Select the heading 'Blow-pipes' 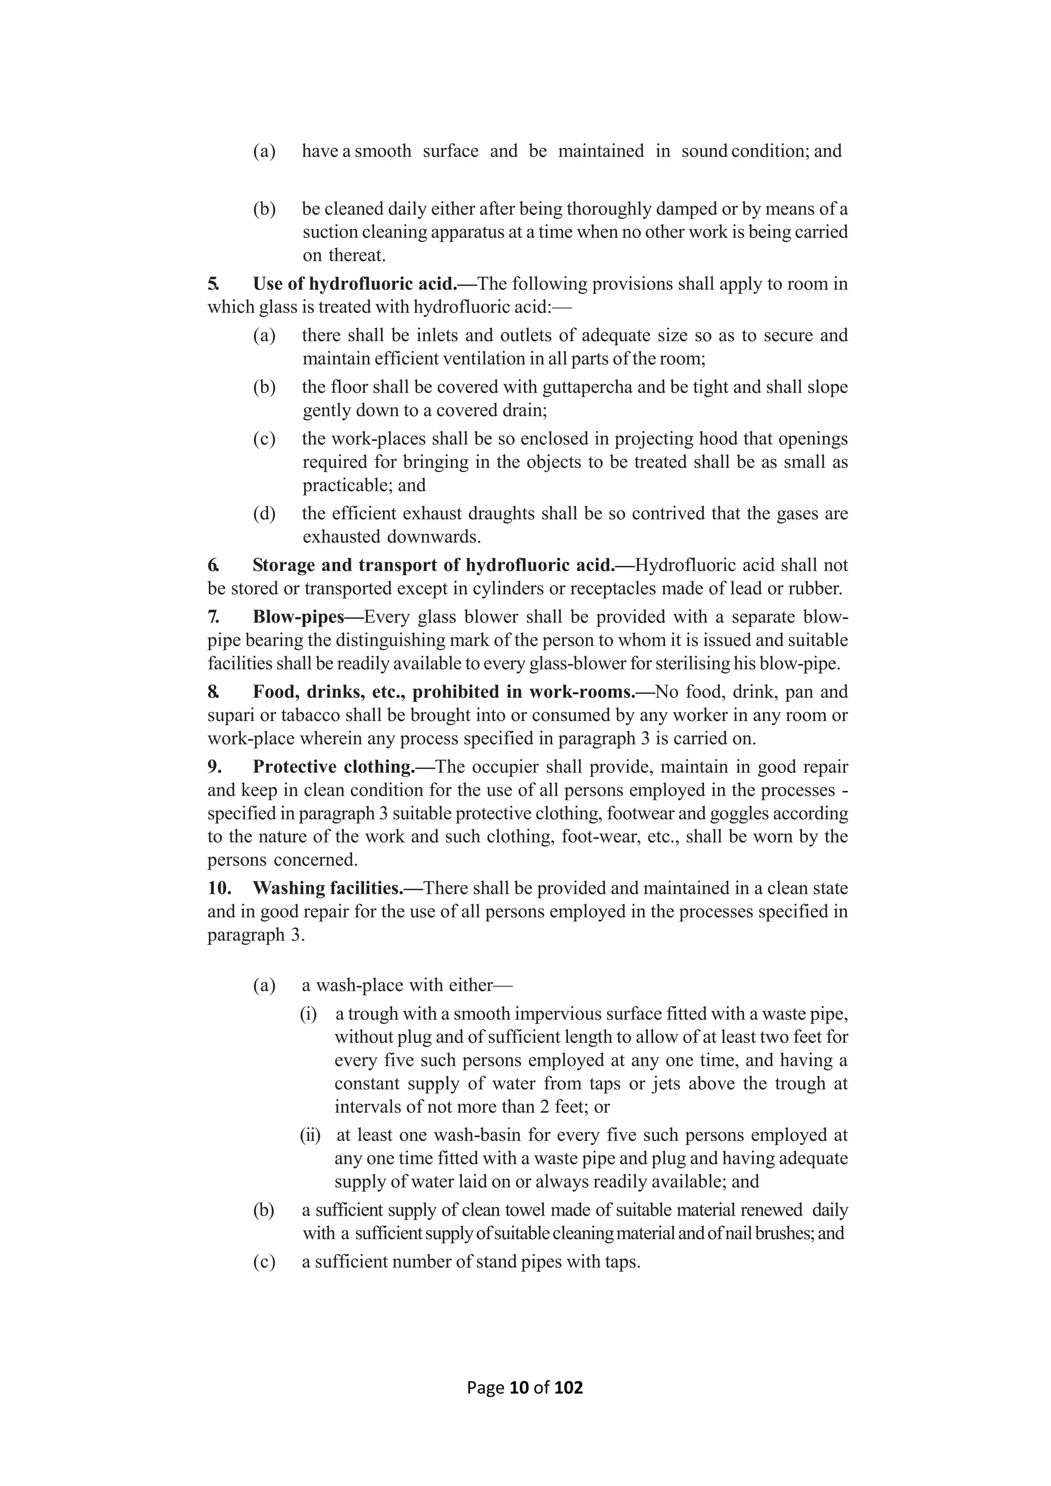[x=298, y=617]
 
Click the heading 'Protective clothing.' [x=333, y=767]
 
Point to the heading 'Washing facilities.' [x=327, y=889]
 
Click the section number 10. [x=220, y=889]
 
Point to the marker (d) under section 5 [x=264, y=514]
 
